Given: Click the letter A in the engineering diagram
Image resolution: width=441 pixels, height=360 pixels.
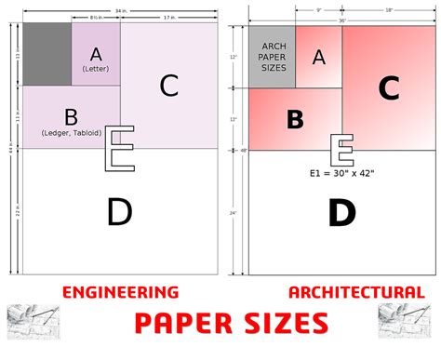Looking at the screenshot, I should [95, 52].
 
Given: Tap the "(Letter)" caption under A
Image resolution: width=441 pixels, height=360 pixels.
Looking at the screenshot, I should [95, 70].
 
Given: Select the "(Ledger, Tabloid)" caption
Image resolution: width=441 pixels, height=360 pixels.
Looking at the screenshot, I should [71, 133].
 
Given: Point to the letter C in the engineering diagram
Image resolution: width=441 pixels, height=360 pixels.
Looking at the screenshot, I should [168, 86].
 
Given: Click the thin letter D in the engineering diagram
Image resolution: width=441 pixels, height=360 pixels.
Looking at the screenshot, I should [119, 213].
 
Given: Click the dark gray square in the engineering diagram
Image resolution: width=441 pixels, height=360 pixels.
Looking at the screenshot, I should [47, 54].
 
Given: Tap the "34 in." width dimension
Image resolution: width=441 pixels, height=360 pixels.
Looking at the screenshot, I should [121, 11].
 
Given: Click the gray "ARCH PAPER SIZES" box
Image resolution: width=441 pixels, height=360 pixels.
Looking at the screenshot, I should [273, 57].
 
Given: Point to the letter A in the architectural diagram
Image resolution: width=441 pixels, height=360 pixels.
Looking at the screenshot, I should [319, 57].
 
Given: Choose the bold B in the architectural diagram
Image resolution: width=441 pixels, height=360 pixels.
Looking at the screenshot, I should [295, 120].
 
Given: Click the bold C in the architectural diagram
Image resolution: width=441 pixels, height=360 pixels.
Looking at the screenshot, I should [389, 88].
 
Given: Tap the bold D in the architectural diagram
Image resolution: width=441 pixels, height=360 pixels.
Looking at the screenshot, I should [341, 213].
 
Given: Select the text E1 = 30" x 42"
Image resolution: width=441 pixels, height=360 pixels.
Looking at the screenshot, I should [342, 173].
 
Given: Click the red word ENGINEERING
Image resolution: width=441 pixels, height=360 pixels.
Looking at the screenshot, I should [121, 292].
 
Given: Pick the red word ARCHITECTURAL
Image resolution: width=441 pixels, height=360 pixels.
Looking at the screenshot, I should [356, 292].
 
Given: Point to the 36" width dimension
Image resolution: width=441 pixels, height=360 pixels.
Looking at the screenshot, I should [341, 20].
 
